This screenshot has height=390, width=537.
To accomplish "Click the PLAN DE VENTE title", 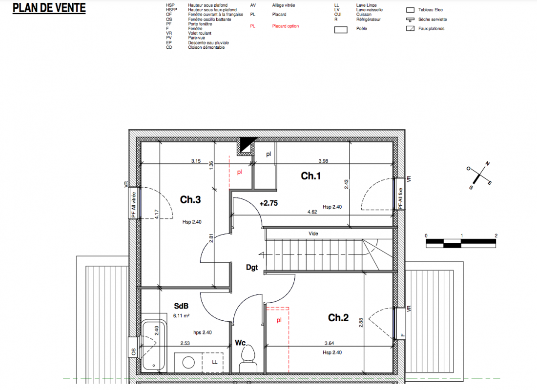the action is coord(49,8).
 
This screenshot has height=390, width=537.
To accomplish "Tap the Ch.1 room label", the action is coord(310,176).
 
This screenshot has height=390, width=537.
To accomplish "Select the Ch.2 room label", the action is coord(338,317).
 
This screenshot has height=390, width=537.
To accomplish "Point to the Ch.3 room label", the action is coord(190,199).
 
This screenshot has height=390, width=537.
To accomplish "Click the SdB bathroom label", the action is coord(181,306).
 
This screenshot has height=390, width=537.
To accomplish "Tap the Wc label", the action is coord(240,342).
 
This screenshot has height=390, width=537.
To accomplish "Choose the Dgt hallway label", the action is coord(252,267).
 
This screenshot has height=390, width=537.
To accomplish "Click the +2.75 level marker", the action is coord(268,203).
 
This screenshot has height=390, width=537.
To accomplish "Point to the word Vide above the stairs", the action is coord(313,234).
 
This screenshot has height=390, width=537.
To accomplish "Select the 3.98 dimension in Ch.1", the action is coord(323,161).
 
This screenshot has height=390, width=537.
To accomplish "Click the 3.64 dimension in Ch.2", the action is coord(330,343).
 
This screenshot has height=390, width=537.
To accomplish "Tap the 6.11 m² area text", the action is coord(181,316).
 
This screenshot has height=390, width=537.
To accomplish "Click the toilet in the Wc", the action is coord(248,358).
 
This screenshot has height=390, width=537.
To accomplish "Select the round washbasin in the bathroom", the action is coord(188,362).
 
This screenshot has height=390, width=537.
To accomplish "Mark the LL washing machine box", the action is coord(212,362).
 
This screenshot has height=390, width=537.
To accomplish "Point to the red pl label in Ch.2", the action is coord(279,320).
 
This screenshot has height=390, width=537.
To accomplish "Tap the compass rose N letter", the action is coord(488,163).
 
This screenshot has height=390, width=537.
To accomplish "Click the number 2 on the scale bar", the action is coord(496,236).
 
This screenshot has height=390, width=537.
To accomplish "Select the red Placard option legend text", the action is coord(285,26).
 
